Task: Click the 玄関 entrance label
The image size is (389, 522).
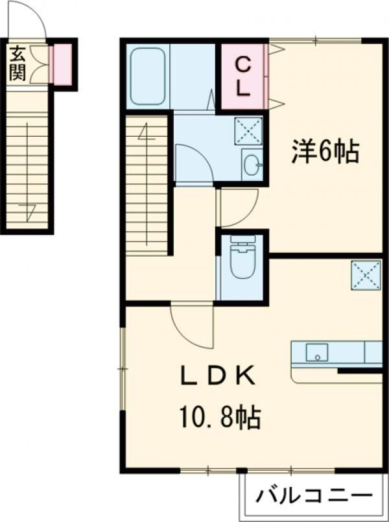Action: coord(17,64)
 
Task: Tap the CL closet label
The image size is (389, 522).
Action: coord(243,77)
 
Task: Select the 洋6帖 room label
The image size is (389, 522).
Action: coord(325,152)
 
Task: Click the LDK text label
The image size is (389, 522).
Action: coord(218,377)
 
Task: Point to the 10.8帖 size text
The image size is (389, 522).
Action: coord(220,417)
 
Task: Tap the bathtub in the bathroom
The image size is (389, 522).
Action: coord(148,77)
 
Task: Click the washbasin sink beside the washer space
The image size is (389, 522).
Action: coord(252,164)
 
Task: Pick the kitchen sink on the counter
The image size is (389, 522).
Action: coord(317,353)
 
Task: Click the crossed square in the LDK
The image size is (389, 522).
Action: coord(366,275)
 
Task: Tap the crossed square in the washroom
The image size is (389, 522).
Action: coord(248,131)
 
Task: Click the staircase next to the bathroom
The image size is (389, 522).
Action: coord(147,185)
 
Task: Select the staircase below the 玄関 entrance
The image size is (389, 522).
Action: coord(27,171)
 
